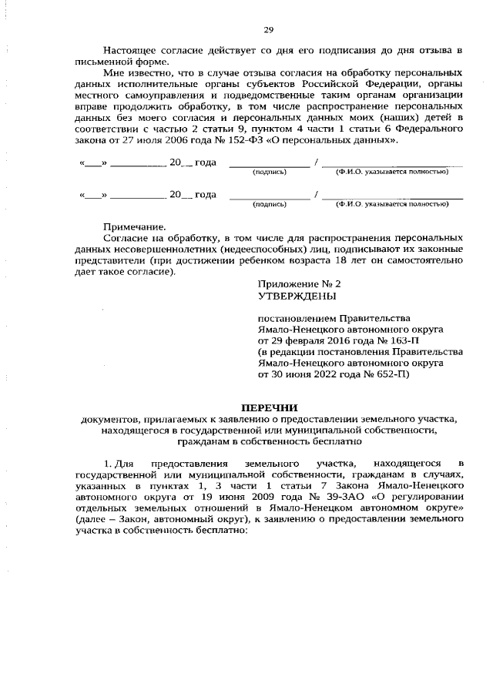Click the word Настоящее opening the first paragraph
[129, 51]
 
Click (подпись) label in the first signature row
[269, 172]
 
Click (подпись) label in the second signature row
[269, 204]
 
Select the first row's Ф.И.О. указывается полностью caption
[391, 172]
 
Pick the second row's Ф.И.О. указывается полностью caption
[391, 204]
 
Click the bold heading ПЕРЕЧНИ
[269, 407]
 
